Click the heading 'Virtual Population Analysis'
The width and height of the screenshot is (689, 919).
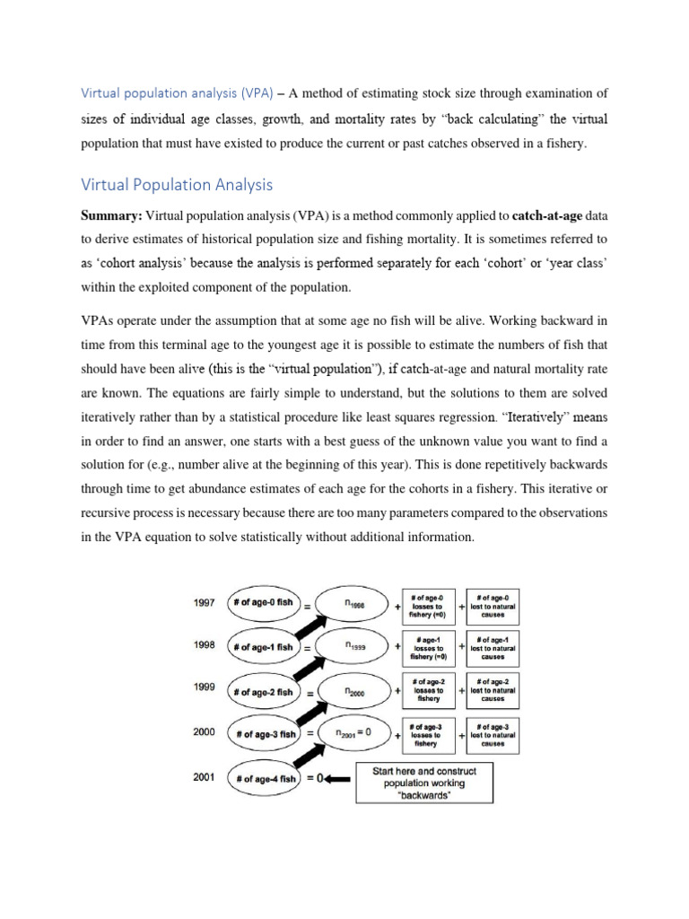click(x=177, y=186)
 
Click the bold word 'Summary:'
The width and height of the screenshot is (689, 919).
click(x=112, y=215)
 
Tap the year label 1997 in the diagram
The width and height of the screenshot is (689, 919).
click(x=204, y=603)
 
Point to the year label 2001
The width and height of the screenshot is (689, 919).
click(x=204, y=778)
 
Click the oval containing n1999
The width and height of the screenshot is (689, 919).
click(x=354, y=645)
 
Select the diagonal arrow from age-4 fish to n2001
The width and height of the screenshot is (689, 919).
click(x=304, y=757)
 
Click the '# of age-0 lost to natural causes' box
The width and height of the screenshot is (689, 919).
click(x=493, y=603)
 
